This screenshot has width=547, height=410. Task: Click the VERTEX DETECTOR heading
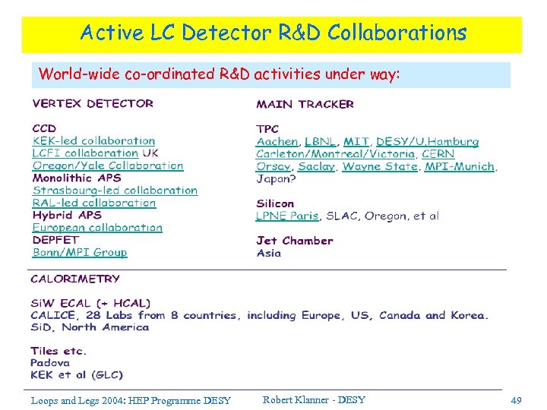tap(93, 103)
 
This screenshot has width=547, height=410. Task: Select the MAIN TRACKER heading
tap(305, 104)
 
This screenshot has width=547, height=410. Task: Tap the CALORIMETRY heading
tap(75, 279)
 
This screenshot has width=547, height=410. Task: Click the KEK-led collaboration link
tap(93, 140)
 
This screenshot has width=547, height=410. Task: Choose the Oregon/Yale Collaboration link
tap(108, 166)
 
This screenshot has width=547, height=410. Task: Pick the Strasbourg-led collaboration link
tap(115, 191)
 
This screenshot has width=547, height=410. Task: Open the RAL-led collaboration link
tap(94, 203)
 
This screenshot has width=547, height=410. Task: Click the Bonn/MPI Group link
tap(80, 252)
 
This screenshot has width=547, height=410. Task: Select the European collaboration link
tap(97, 228)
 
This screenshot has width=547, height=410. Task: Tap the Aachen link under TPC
tap(277, 141)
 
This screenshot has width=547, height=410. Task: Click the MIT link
tap(356, 141)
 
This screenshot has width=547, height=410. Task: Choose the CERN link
tap(438, 153)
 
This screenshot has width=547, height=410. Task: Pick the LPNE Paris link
tap(287, 216)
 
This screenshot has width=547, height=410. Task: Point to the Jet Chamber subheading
tap(295, 241)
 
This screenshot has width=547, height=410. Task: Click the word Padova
tap(50, 363)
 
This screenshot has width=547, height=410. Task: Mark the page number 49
tap(517, 400)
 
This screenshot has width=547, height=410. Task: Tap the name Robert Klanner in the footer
tap(296, 400)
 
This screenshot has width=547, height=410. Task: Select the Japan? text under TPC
tap(276, 179)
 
